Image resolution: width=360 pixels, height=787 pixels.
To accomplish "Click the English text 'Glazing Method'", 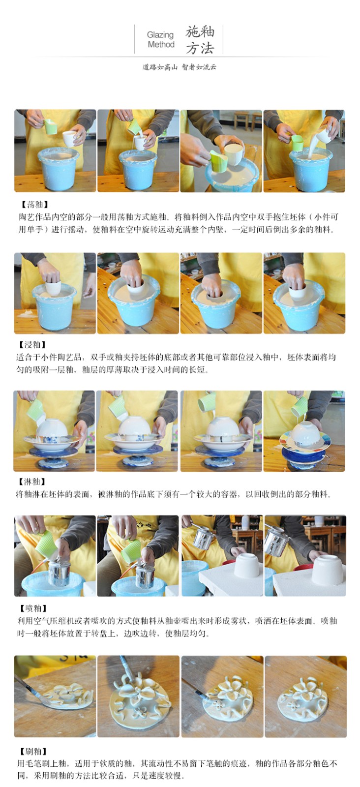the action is (x=161, y=40).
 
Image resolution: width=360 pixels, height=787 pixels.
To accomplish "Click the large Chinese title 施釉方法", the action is (x=200, y=40).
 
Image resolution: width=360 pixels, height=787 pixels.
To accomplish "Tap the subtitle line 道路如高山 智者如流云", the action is (x=179, y=67).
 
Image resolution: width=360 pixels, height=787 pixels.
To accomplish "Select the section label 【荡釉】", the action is (x=34, y=205).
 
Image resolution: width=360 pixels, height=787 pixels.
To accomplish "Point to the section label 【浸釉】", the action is (x=32, y=345).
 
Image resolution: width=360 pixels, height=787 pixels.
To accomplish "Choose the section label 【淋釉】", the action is (x=31, y=482).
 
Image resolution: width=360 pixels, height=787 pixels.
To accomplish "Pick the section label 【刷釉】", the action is (x=32, y=752).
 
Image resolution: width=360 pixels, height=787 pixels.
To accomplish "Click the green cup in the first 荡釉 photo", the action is (x=50, y=126).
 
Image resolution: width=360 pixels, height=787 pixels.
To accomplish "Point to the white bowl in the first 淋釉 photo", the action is (x=55, y=428).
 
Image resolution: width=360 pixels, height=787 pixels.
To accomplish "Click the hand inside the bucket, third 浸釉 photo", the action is (x=211, y=285).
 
